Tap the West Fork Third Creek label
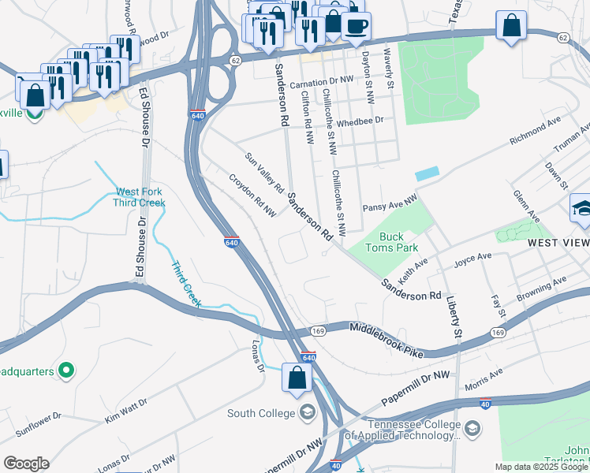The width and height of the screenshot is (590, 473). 140,197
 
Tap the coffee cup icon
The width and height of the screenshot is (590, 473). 356,26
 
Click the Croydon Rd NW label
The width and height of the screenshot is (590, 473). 252,196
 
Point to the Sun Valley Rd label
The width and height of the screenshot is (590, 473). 264,173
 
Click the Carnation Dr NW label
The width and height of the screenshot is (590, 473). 321,82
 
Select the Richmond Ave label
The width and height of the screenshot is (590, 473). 535,131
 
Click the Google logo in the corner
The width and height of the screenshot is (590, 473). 26,463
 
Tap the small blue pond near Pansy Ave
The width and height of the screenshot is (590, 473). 427,173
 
